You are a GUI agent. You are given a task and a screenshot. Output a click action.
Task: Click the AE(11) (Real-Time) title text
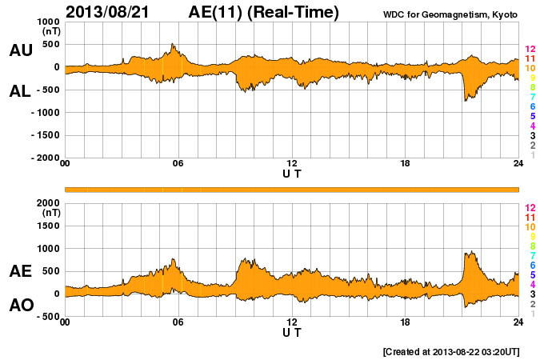[264, 12]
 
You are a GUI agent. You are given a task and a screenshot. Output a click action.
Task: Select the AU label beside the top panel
[20, 50]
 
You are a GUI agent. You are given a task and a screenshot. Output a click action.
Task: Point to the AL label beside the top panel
[20, 91]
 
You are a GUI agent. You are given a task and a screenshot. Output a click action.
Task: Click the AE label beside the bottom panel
[20, 271]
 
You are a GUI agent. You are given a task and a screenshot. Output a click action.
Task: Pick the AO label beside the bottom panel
[20, 305]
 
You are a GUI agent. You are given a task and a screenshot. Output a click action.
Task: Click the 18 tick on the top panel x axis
[405, 165]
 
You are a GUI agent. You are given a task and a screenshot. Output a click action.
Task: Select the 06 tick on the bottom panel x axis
[178, 322]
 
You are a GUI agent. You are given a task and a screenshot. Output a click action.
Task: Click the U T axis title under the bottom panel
[292, 332]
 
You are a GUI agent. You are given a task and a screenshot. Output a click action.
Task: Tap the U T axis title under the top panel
[292, 174]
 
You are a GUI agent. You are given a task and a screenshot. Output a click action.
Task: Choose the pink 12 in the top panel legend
[530, 50]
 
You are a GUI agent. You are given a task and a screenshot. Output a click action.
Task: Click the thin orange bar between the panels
[292, 189]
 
